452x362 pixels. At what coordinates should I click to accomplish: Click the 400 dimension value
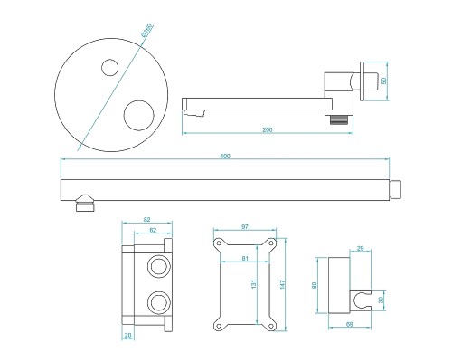[x=224, y=157]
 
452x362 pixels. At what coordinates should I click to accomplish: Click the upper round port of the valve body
[x=160, y=266]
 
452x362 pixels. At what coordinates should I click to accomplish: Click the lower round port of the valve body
[x=160, y=300]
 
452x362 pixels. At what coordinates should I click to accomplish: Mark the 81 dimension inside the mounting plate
[x=244, y=261]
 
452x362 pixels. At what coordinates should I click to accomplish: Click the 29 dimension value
[x=361, y=248]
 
